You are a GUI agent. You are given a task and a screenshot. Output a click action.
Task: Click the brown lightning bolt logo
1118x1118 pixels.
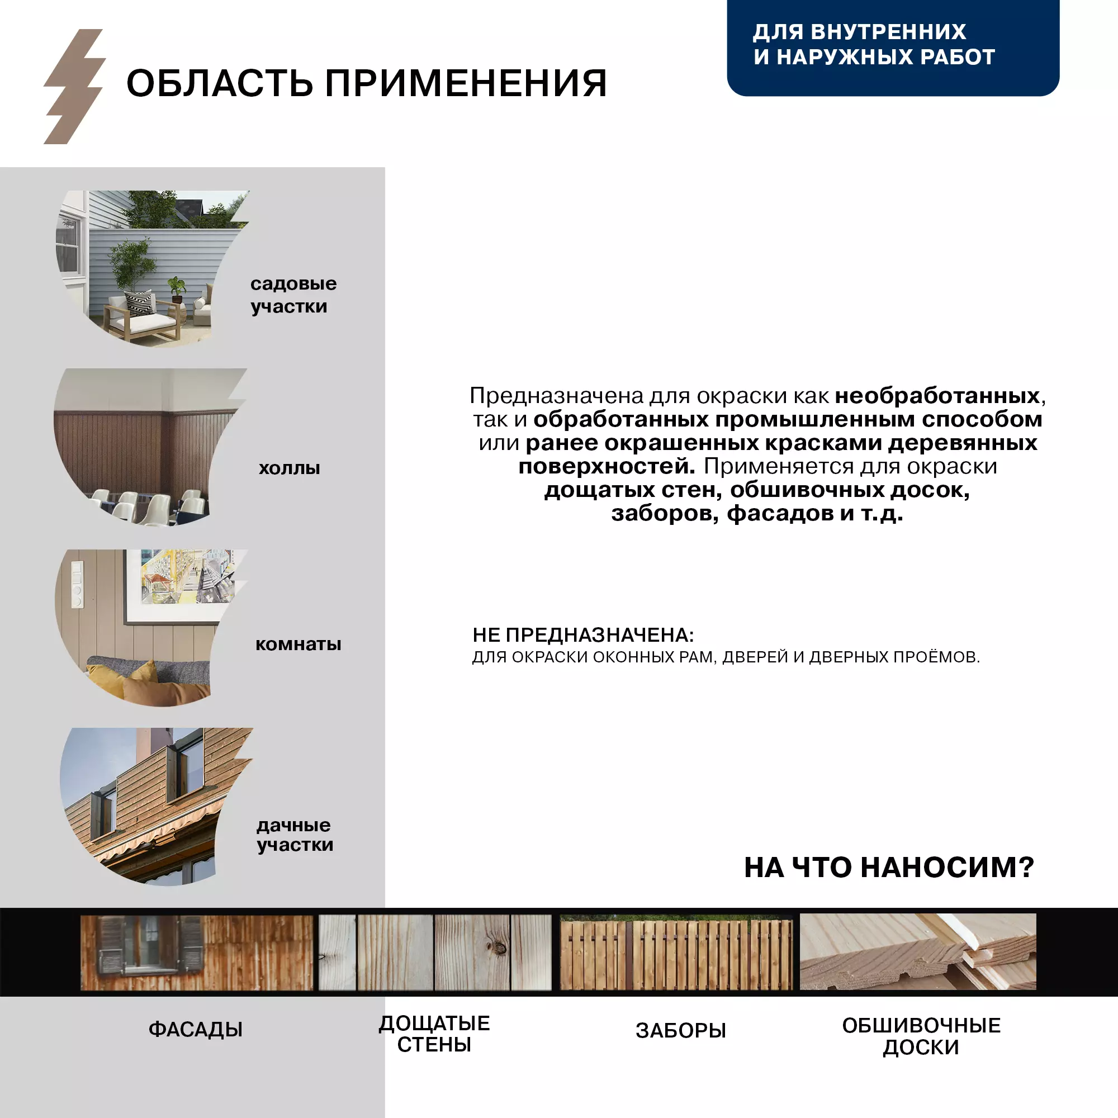coord(74,87)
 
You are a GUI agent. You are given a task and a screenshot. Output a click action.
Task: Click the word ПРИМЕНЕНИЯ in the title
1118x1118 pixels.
coord(465,83)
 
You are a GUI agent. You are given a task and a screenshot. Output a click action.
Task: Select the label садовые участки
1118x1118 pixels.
coord(293,295)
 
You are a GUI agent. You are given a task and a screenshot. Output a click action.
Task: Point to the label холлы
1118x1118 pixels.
coord(290,467)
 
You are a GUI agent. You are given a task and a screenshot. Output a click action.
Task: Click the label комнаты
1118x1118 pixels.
coord(298,643)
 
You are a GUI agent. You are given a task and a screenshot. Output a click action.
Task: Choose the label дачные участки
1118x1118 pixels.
coord(295,835)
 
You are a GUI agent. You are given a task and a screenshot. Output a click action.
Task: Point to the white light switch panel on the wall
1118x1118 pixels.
coord(77,584)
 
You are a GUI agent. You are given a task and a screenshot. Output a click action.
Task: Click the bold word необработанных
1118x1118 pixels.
coord(937,396)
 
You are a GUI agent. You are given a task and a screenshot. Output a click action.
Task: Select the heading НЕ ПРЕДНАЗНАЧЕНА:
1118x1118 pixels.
coord(582,635)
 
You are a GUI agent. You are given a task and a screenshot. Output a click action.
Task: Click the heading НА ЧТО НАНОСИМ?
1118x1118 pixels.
coord(888,868)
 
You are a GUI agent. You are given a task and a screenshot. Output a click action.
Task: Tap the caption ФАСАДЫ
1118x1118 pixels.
coord(196,1030)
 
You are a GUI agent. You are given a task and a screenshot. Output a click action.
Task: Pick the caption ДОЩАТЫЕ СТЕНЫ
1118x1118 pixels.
coord(434,1034)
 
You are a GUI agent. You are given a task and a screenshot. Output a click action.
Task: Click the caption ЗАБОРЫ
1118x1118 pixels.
coord(680,1031)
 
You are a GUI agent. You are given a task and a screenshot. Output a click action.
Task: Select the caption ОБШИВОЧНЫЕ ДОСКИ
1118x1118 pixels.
coord(921,1036)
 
